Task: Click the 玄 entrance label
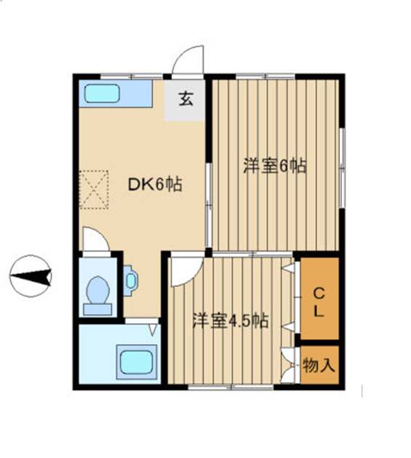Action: pos(186,99)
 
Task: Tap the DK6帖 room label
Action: pos(155,184)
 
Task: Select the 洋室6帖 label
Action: pos(275,166)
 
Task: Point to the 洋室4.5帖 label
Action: pos(231,320)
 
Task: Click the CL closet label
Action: pos(319,302)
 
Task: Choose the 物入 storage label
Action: pos(319,365)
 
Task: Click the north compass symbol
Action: pos(30,276)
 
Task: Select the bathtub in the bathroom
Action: pos(136,362)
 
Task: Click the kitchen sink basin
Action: pos(102,93)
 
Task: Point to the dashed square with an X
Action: pos(94,190)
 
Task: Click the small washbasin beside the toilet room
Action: pos(130,280)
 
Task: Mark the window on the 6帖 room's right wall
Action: pos(342,168)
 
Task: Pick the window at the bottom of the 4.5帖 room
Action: pos(231,387)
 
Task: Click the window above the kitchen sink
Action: pos(131,77)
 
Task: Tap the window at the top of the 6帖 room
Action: pos(265,77)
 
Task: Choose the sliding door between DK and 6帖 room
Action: pos(209,205)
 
